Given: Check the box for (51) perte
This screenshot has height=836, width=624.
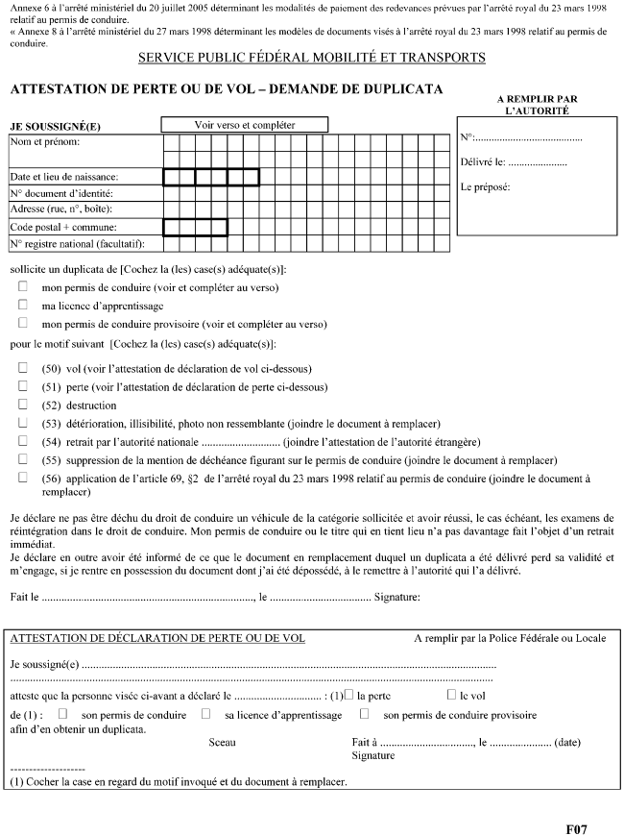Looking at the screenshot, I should pos(22,386).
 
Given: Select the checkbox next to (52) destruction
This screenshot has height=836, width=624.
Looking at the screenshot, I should pos(22,405).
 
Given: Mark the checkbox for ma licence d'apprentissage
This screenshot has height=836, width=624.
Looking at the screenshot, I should pos(22,305).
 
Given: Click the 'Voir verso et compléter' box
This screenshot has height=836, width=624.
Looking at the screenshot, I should pos(245,125).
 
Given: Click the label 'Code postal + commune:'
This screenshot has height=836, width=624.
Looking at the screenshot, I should pos(62,227).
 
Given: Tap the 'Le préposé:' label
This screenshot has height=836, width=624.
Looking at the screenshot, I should pos(485,186).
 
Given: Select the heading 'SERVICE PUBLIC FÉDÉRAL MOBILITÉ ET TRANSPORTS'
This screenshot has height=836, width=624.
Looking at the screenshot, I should pos(312,59).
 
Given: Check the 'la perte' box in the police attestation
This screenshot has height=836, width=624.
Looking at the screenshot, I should pos(348,694).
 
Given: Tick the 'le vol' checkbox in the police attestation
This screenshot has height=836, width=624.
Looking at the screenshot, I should pos(451,694).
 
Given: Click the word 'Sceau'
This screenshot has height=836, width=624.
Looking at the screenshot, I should pos(222,742).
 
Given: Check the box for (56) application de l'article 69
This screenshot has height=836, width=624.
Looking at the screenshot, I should pos(22,478).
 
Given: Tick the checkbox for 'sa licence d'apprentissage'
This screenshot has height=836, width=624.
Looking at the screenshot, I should pos(206,714).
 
